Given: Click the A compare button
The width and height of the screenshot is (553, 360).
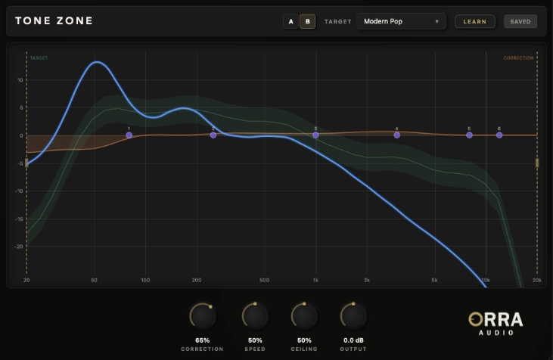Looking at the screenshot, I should [x=291, y=21].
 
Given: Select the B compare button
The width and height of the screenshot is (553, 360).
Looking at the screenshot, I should [x=308, y=21].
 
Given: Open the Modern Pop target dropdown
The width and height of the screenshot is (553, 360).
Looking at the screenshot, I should [x=401, y=21].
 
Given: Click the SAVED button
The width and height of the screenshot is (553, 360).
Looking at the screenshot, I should [x=520, y=21].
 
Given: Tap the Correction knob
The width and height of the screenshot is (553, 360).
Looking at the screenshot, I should [x=202, y=315].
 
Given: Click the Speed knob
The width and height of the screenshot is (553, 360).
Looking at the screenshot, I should [x=255, y=315].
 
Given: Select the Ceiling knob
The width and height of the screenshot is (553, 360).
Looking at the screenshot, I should [x=304, y=315].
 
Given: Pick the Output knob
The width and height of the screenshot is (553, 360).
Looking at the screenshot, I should [x=353, y=315].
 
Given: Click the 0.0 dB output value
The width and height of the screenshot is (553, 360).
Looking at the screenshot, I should [x=353, y=340].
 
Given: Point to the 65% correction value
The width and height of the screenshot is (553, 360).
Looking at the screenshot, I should [x=202, y=340].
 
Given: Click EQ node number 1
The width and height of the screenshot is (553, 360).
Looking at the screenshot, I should [x=129, y=135].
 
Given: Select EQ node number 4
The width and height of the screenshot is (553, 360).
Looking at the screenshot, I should [x=396, y=135].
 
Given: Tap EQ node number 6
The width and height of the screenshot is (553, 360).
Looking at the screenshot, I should [x=499, y=135].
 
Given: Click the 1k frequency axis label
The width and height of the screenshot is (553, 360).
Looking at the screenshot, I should [x=315, y=280].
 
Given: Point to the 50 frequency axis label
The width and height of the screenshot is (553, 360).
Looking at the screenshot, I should [x=95, y=280].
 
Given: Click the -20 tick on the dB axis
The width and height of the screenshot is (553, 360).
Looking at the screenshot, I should [x=20, y=246].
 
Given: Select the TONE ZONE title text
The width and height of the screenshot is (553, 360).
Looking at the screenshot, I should [x=54, y=21].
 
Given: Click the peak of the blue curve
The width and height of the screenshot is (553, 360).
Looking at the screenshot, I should [x=97, y=62].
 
